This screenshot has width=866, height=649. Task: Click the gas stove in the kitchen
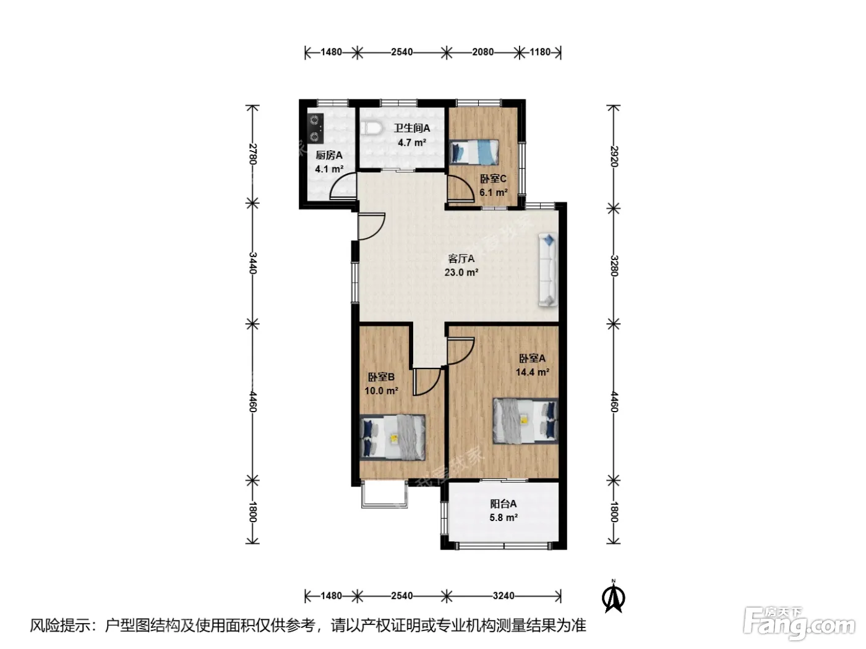tap(315, 129)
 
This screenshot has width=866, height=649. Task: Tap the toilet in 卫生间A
tap(371, 128)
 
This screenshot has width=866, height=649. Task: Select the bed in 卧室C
tap(474, 151)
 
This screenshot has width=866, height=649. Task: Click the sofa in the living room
tap(548, 269)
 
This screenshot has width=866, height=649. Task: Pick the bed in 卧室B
tap(393, 437)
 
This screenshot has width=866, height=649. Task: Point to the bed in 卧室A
tap(525, 421)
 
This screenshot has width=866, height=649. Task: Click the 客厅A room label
tap(461, 259)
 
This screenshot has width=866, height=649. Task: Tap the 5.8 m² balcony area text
tap(504, 517)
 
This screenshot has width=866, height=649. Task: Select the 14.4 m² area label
tap(533, 372)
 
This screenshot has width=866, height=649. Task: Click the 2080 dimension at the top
tap(483, 52)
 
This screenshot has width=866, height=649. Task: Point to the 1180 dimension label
tap(540, 52)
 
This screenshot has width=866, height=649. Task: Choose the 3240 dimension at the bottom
tap(504, 596)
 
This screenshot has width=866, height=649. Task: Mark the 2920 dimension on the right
tap(614, 156)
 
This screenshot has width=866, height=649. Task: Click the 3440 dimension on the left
tap(253, 263)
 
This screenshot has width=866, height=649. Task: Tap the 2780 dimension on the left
tap(253, 154)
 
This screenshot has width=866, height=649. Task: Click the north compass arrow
tap(613, 598)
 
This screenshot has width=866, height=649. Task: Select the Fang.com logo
tap(799, 623)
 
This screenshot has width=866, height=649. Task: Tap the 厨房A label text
tap(329, 155)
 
